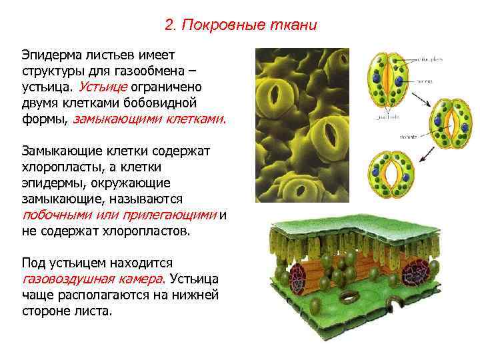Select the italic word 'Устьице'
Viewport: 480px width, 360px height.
tap(102, 87)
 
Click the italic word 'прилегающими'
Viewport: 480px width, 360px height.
tap(177, 215)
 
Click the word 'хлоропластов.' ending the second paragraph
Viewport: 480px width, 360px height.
tap(151, 231)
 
